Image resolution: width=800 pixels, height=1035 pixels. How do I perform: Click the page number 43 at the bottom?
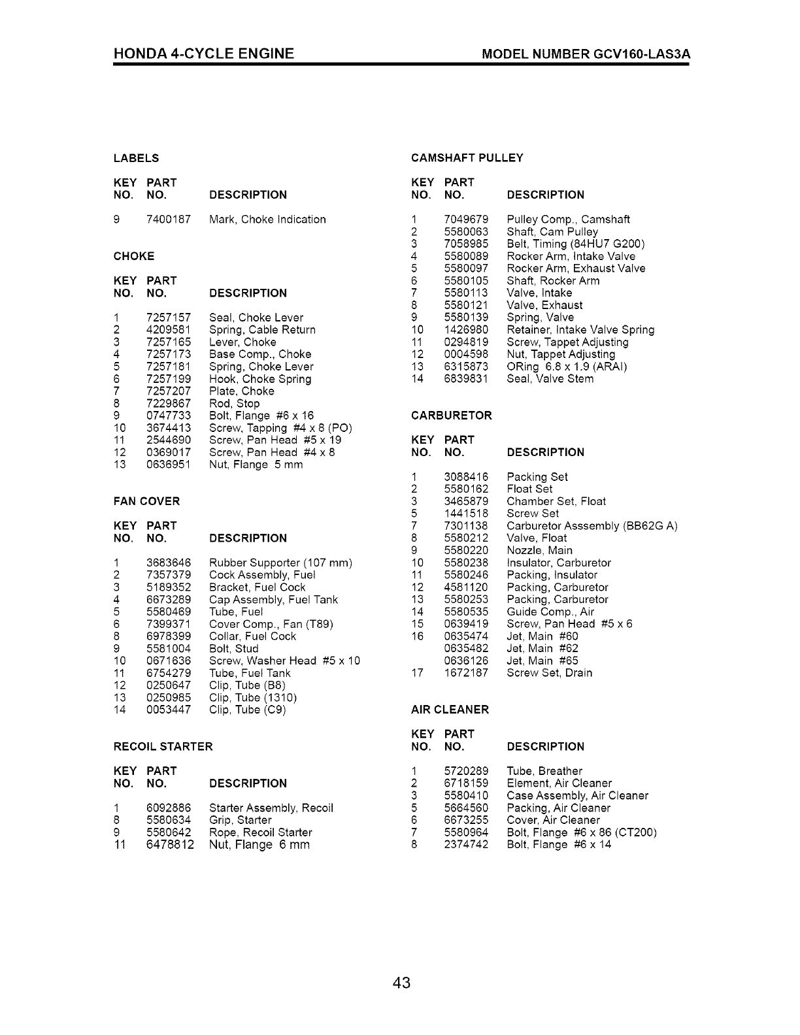(x=401, y=982)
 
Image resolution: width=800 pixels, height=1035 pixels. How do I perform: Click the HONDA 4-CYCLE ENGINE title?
(x=203, y=54)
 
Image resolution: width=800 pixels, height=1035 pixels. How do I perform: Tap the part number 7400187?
(x=169, y=220)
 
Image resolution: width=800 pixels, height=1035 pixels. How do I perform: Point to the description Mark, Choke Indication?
(x=267, y=220)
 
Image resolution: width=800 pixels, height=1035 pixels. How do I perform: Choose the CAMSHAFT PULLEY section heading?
(x=467, y=158)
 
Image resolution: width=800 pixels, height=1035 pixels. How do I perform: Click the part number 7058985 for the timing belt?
(x=466, y=244)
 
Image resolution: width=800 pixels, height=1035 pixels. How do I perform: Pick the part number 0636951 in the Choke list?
(x=169, y=465)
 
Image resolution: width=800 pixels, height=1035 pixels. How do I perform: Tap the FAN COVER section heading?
(x=146, y=502)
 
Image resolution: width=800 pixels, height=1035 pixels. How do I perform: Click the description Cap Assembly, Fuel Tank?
(x=273, y=600)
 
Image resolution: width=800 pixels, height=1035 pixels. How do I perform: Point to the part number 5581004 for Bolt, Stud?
(x=169, y=649)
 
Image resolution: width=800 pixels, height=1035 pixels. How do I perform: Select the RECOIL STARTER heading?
(x=163, y=747)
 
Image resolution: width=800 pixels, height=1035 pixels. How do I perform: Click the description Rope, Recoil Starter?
(x=260, y=832)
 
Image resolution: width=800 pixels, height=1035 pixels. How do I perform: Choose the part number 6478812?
(x=170, y=845)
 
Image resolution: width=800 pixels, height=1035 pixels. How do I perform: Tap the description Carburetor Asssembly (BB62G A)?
(x=592, y=526)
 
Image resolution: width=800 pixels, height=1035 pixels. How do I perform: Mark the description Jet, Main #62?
(x=542, y=649)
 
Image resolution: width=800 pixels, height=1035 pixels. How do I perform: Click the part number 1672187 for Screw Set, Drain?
(x=466, y=673)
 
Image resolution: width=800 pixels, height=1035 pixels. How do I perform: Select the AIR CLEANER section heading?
(x=450, y=710)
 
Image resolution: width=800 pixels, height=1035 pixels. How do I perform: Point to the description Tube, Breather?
(x=544, y=771)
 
